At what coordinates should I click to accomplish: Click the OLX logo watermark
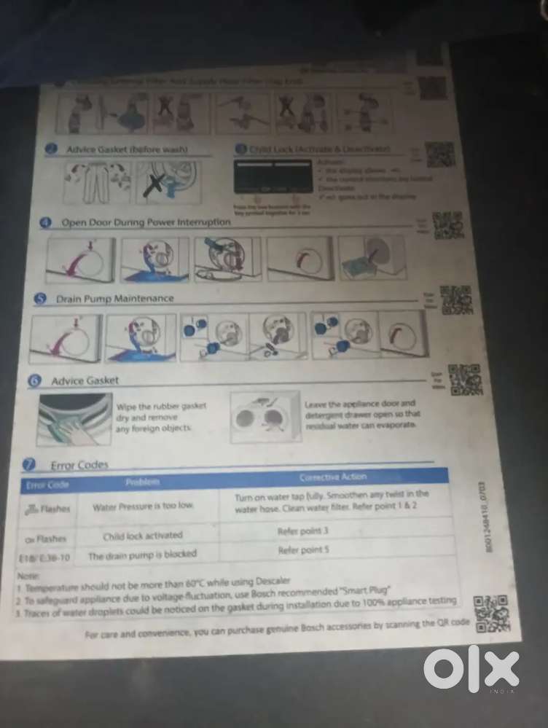(x=471, y=668)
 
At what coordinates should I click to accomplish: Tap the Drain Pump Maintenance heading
(x=115, y=298)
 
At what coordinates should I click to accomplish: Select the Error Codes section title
(x=79, y=464)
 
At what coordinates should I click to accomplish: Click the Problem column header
(x=143, y=482)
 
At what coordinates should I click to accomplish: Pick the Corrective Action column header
(x=333, y=477)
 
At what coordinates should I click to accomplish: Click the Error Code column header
(x=47, y=484)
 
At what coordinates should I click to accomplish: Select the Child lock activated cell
(x=143, y=536)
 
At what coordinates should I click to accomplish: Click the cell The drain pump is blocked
(x=142, y=555)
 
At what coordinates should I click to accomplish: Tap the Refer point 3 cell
(x=303, y=531)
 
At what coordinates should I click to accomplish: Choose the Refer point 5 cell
(x=303, y=551)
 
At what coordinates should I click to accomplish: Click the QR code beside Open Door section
(x=447, y=226)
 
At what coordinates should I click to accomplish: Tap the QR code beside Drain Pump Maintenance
(x=455, y=300)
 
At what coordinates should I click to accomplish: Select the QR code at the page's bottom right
(x=490, y=614)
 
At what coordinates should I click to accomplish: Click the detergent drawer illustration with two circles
(x=266, y=418)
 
